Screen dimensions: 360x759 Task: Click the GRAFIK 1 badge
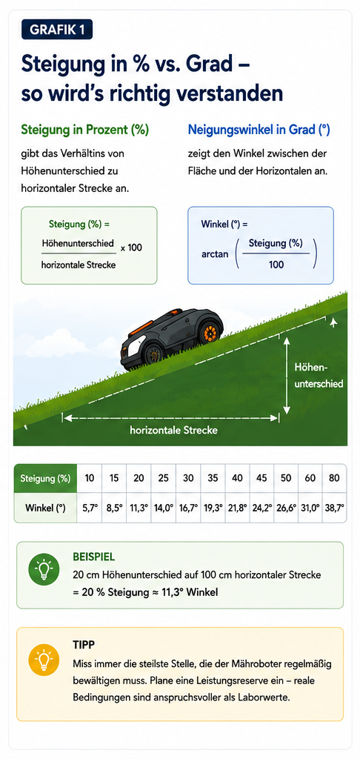pos(57,30)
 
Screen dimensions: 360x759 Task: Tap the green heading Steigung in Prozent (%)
pos(84,130)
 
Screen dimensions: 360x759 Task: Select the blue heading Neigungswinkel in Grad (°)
pos(259,130)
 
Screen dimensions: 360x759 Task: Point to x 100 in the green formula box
pos(131,248)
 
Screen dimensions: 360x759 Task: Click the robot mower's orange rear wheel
pos(210,332)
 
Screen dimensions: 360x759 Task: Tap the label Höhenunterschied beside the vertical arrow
pos(319,376)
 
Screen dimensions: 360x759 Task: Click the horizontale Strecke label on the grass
pos(174,430)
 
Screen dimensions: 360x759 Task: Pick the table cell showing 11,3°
pos(139,508)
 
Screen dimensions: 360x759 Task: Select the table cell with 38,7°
pos(335,508)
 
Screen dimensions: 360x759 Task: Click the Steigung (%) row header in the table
pos(45,478)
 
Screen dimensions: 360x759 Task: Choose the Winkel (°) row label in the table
pos(45,508)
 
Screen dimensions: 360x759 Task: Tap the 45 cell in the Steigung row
pos(261,478)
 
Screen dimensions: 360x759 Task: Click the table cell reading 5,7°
pos(90,508)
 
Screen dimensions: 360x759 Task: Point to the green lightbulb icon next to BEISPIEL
pos(44,570)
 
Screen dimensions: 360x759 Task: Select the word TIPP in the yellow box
pos(83,646)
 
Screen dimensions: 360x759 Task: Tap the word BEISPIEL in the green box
pos(94,557)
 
